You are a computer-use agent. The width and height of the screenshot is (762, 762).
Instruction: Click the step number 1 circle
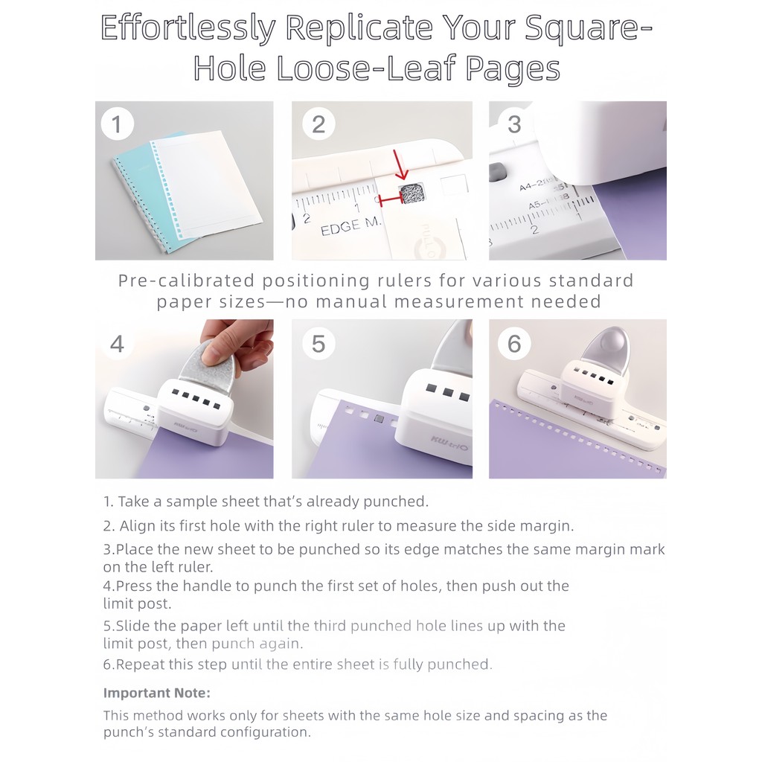click(117, 124)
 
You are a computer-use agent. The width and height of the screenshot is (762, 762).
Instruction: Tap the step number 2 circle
click(318, 124)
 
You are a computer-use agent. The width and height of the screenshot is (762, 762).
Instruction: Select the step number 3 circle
click(515, 124)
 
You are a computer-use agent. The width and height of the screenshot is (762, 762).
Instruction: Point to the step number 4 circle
click(117, 344)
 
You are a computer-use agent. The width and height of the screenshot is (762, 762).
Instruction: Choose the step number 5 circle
click(318, 344)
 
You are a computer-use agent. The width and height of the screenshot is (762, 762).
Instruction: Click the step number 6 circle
click(515, 344)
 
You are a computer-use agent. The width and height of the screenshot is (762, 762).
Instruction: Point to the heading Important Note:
click(156, 693)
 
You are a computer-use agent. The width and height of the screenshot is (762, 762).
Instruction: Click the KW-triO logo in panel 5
click(449, 443)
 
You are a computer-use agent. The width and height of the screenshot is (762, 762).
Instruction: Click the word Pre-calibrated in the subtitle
click(186, 281)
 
